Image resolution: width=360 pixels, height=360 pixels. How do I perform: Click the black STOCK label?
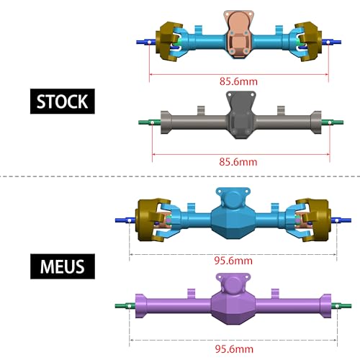62,101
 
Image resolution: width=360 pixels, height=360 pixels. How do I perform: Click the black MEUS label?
62,266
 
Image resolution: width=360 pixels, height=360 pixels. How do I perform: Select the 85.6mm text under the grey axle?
237,162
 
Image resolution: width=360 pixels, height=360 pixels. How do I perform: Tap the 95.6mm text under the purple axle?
233,348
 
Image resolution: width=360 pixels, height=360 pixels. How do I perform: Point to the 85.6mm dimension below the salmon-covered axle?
237,81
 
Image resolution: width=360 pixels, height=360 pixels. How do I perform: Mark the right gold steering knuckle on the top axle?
310,42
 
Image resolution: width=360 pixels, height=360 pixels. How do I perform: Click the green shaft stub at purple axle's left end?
125,306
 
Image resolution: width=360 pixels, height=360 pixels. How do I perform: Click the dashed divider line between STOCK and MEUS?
180,175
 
